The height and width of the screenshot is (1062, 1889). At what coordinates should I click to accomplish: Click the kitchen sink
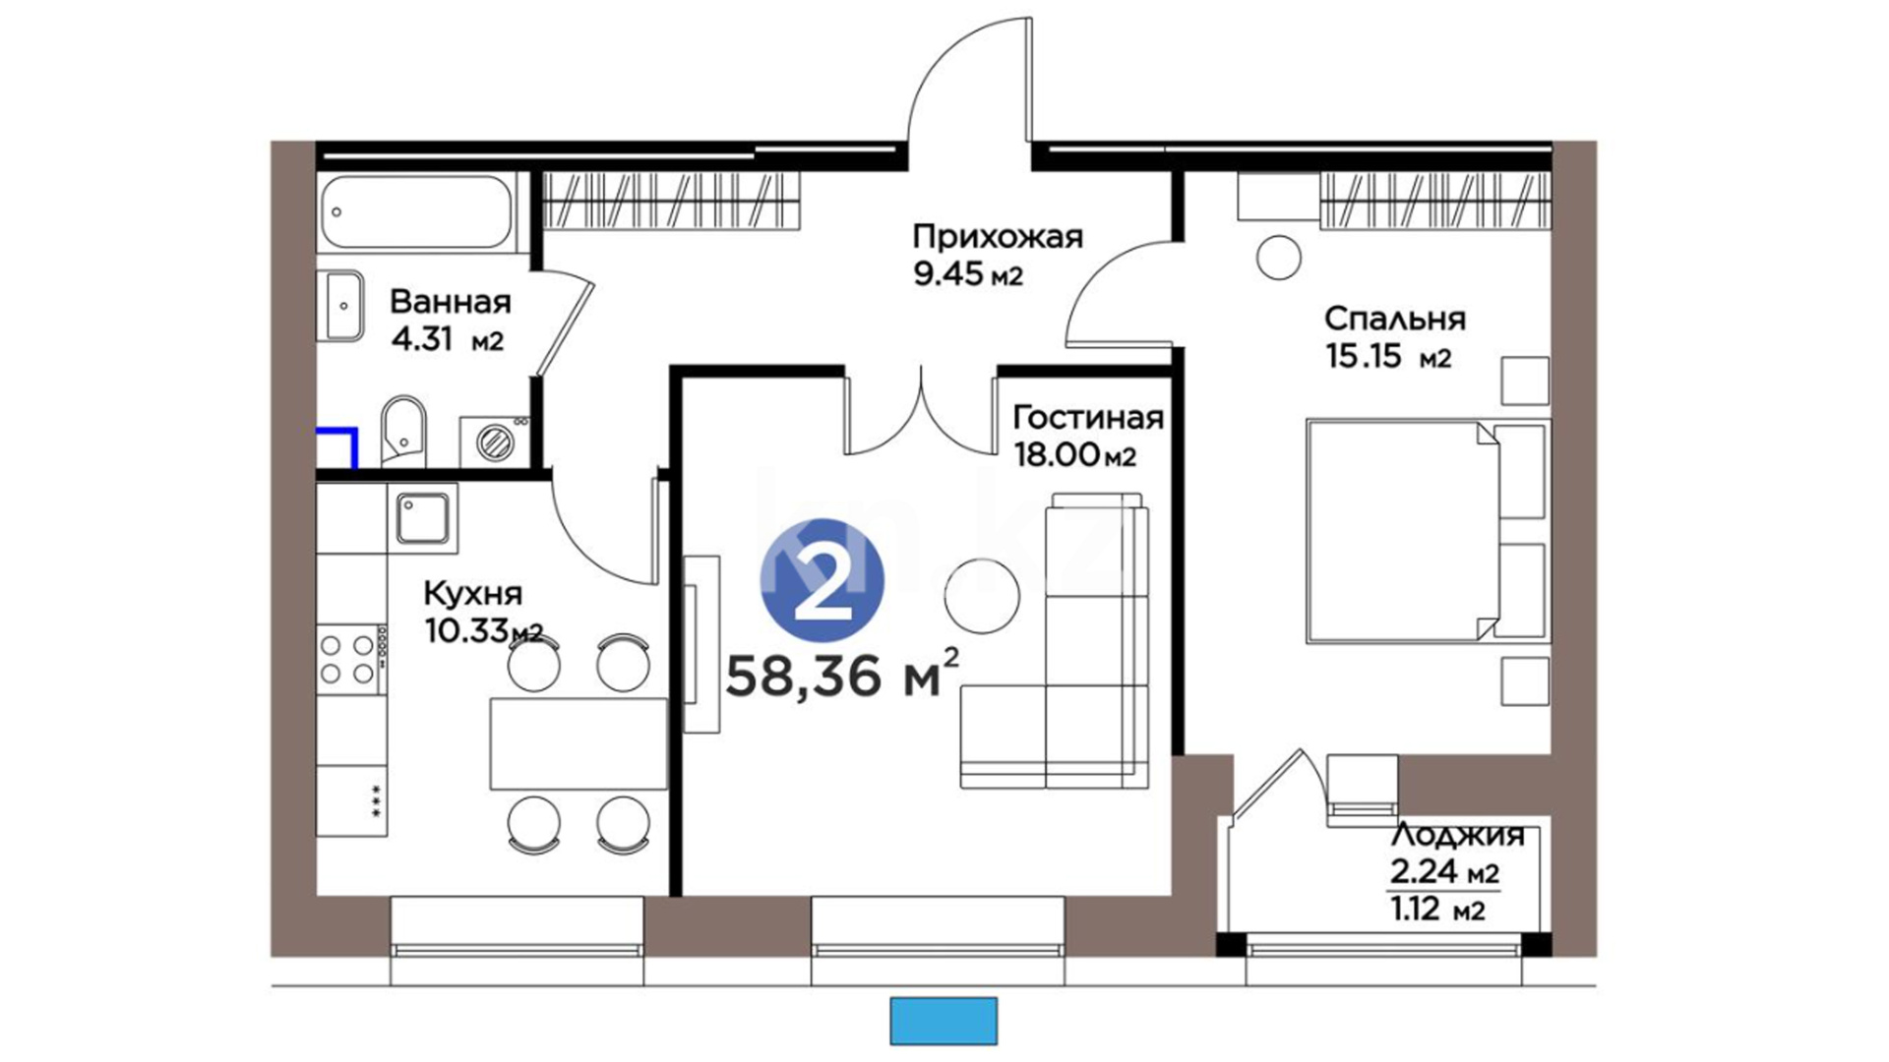pos(423,518)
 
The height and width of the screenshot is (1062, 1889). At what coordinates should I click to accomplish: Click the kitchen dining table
pos(579,743)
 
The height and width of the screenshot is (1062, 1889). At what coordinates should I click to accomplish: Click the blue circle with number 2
pos(822,581)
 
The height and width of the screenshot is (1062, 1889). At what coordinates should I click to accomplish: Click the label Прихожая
pos(998,237)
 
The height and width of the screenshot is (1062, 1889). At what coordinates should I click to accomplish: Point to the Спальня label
pos(1394,319)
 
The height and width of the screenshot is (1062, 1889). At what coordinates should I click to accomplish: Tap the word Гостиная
pos(1088,418)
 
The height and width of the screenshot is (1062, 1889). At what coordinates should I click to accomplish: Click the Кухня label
pos(472,594)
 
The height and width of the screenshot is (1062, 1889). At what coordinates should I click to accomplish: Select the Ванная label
pos(451,301)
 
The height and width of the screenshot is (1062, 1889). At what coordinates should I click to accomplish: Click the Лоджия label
pos(1457,836)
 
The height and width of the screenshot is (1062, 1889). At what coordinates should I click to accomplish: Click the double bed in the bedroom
pos(1428,532)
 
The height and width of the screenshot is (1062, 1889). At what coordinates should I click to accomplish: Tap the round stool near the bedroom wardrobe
pos(1279,259)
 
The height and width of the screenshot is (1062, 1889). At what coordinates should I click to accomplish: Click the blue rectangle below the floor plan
pos(944,1021)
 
